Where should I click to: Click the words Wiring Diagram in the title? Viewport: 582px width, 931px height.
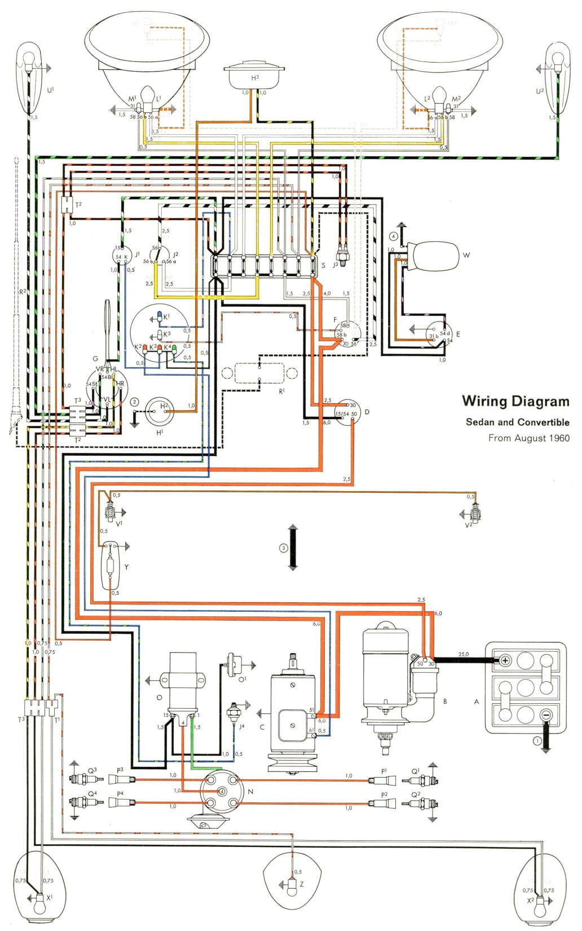pos(515,401)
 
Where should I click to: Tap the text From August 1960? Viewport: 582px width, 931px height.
pos(528,438)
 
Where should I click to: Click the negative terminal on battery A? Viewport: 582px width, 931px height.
pos(545,715)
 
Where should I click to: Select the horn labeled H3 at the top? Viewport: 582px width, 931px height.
pos(254,73)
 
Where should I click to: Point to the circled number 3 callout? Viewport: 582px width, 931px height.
pos(284,548)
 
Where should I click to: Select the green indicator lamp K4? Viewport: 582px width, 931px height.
pos(174,349)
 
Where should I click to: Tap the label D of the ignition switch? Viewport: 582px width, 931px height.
pos(367,412)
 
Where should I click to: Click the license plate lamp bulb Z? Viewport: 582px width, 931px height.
pos(292,888)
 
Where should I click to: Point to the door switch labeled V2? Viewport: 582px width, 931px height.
pos(475,513)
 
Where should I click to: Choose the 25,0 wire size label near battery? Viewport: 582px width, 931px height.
pos(463,655)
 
